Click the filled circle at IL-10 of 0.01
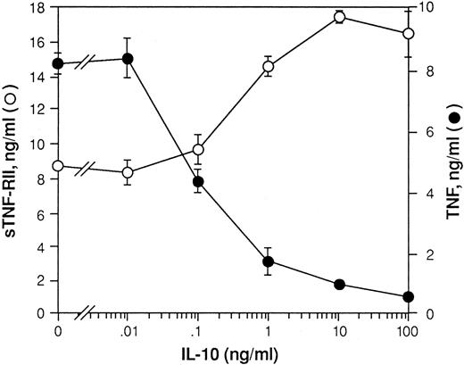[128, 59]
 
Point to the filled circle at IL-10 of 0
[58, 63]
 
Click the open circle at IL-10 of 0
[58, 166]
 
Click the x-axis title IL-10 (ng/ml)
[231, 353]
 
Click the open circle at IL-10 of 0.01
[128, 172]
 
